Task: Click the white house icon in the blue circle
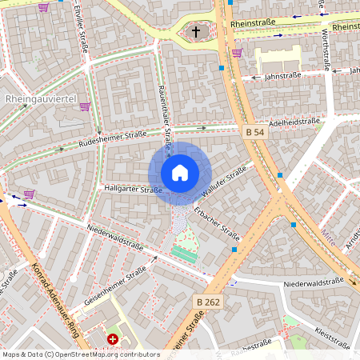[x=180, y=173]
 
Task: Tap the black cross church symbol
[x=196, y=32]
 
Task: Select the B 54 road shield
[x=254, y=131]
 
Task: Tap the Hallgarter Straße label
[x=134, y=190]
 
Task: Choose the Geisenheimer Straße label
[x=117, y=282]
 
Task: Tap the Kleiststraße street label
[x=331, y=338]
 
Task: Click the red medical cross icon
[x=113, y=339]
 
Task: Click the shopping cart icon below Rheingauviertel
[x=85, y=106]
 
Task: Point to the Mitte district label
[x=349, y=237]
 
